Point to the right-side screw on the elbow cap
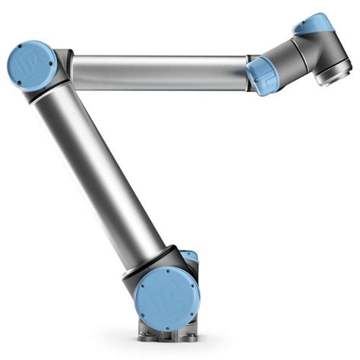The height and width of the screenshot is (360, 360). point(51,63)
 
